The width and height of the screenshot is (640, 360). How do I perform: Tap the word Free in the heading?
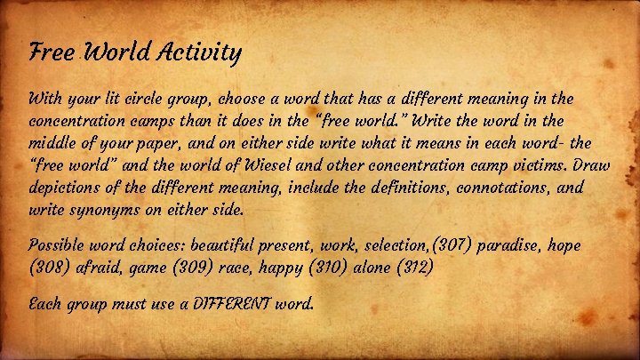[47, 53]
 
